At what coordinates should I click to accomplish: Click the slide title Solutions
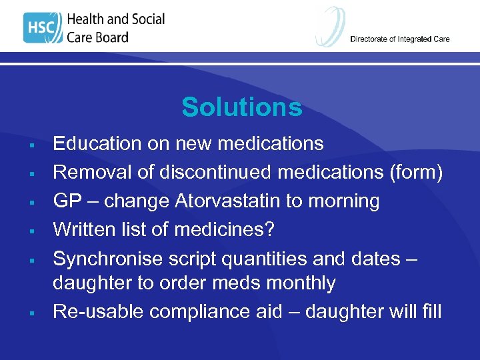coord(241,107)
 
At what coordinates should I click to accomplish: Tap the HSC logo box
coord(41,27)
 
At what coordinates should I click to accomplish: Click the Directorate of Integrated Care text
coord(399,39)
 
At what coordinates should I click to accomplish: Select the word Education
coord(97,144)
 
